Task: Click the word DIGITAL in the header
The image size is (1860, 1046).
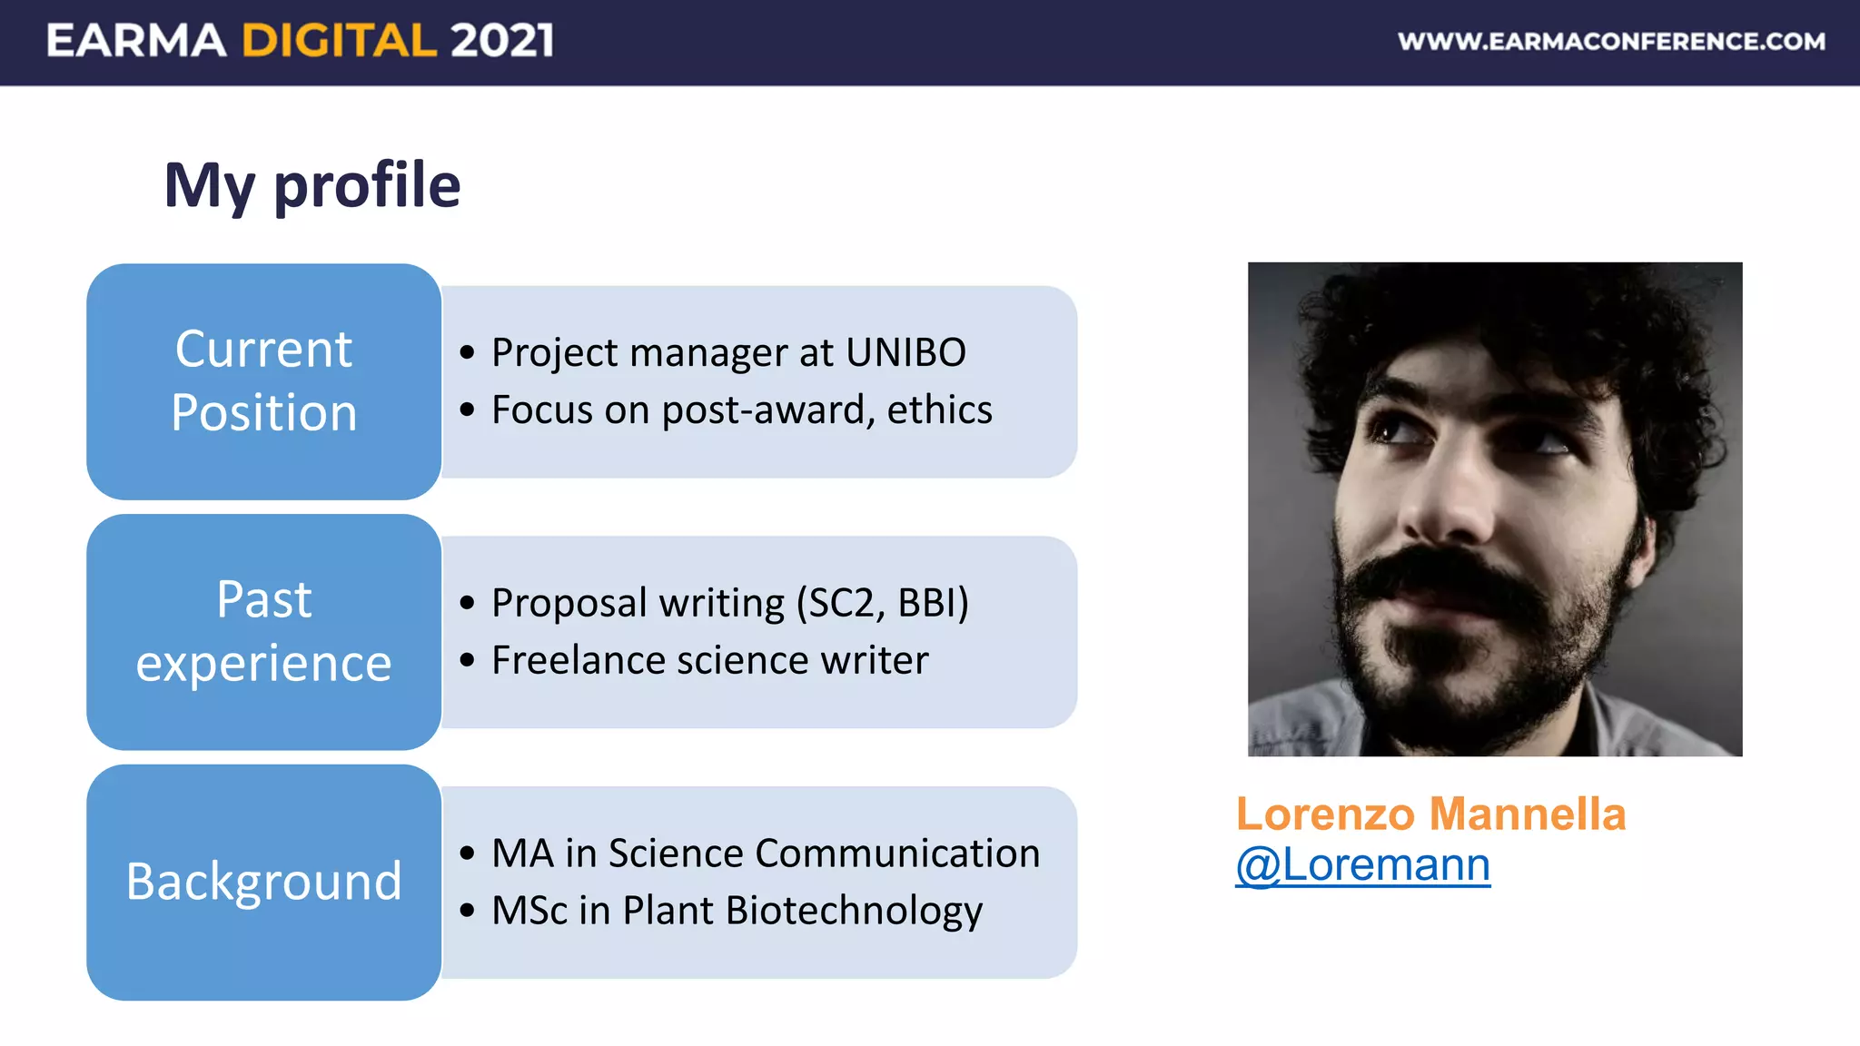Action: click(339, 41)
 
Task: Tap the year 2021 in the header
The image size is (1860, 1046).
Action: click(501, 41)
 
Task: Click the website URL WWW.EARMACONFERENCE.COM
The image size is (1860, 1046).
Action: click(1611, 42)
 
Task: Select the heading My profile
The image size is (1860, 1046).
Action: click(312, 185)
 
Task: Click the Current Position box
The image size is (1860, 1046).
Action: click(263, 381)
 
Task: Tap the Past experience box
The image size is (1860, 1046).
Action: click(263, 632)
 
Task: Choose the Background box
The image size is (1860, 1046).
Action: click(263, 882)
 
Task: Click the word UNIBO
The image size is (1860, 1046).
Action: click(905, 352)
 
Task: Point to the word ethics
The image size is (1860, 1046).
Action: click(939, 410)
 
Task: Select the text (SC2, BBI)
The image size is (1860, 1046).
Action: click(882, 603)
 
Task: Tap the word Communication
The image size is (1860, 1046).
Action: click(896, 854)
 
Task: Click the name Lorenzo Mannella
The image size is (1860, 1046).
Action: click(1430, 814)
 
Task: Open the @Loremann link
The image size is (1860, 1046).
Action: click(1362, 864)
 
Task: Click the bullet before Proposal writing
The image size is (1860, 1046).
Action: click(467, 603)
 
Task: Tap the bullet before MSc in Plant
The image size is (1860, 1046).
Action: click(467, 911)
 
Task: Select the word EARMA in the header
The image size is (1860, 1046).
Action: click(136, 41)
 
